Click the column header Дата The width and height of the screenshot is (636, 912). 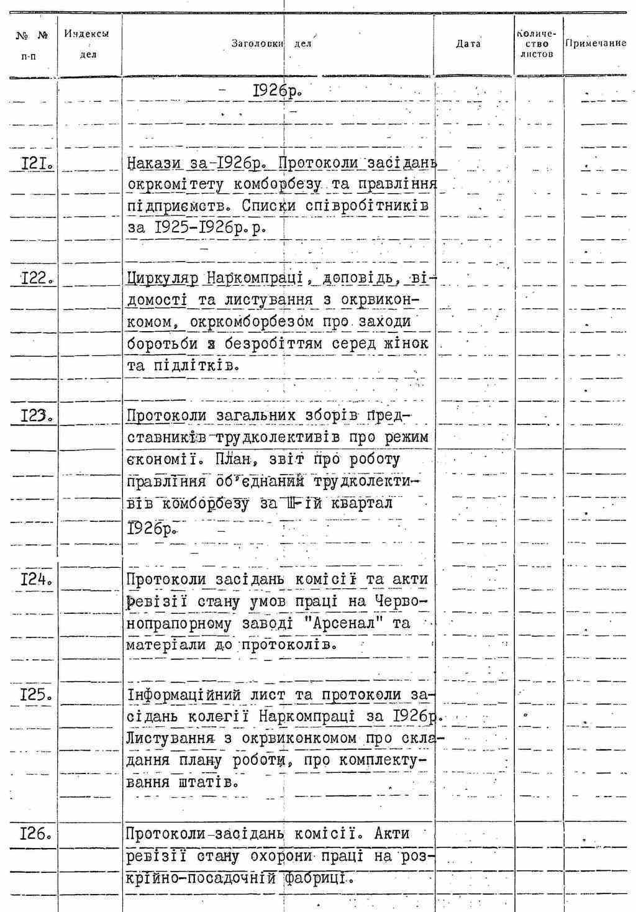click(468, 44)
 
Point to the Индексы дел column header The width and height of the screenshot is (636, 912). click(87, 44)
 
